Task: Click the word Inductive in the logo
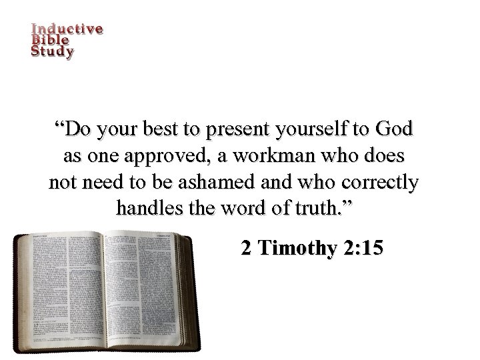(67, 29)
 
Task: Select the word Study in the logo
(53, 51)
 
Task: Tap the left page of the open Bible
(60, 287)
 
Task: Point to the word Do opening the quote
(76, 128)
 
